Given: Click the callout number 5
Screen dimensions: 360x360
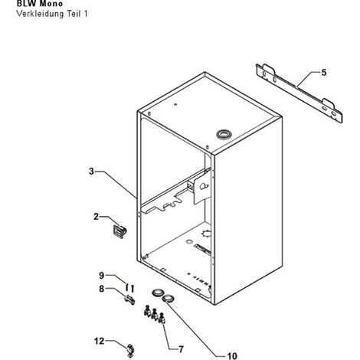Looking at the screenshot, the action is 324,73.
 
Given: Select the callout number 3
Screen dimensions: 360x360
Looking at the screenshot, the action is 91,171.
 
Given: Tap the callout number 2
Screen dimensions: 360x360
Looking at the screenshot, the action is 96,217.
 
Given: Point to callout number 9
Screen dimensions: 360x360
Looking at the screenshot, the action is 102,275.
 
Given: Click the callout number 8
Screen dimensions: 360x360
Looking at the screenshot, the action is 102,289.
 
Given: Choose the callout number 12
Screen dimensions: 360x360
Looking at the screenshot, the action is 100,341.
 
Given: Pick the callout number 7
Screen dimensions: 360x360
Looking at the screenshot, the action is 181,349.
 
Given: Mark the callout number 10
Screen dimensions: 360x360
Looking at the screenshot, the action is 232,355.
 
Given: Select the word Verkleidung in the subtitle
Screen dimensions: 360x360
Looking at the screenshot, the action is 40,14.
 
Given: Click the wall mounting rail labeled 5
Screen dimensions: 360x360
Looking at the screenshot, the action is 299,93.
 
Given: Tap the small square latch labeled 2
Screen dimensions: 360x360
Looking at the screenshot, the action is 119,231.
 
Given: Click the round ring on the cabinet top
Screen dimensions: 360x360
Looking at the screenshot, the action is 224,134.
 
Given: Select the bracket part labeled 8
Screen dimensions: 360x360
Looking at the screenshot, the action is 129,299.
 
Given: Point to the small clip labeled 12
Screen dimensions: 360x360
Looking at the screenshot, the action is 131,350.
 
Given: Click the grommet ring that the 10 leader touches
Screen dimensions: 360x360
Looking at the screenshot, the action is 169,298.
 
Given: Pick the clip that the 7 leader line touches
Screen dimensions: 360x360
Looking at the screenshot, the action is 162,318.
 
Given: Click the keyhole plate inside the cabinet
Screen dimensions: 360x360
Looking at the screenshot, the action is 202,187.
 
